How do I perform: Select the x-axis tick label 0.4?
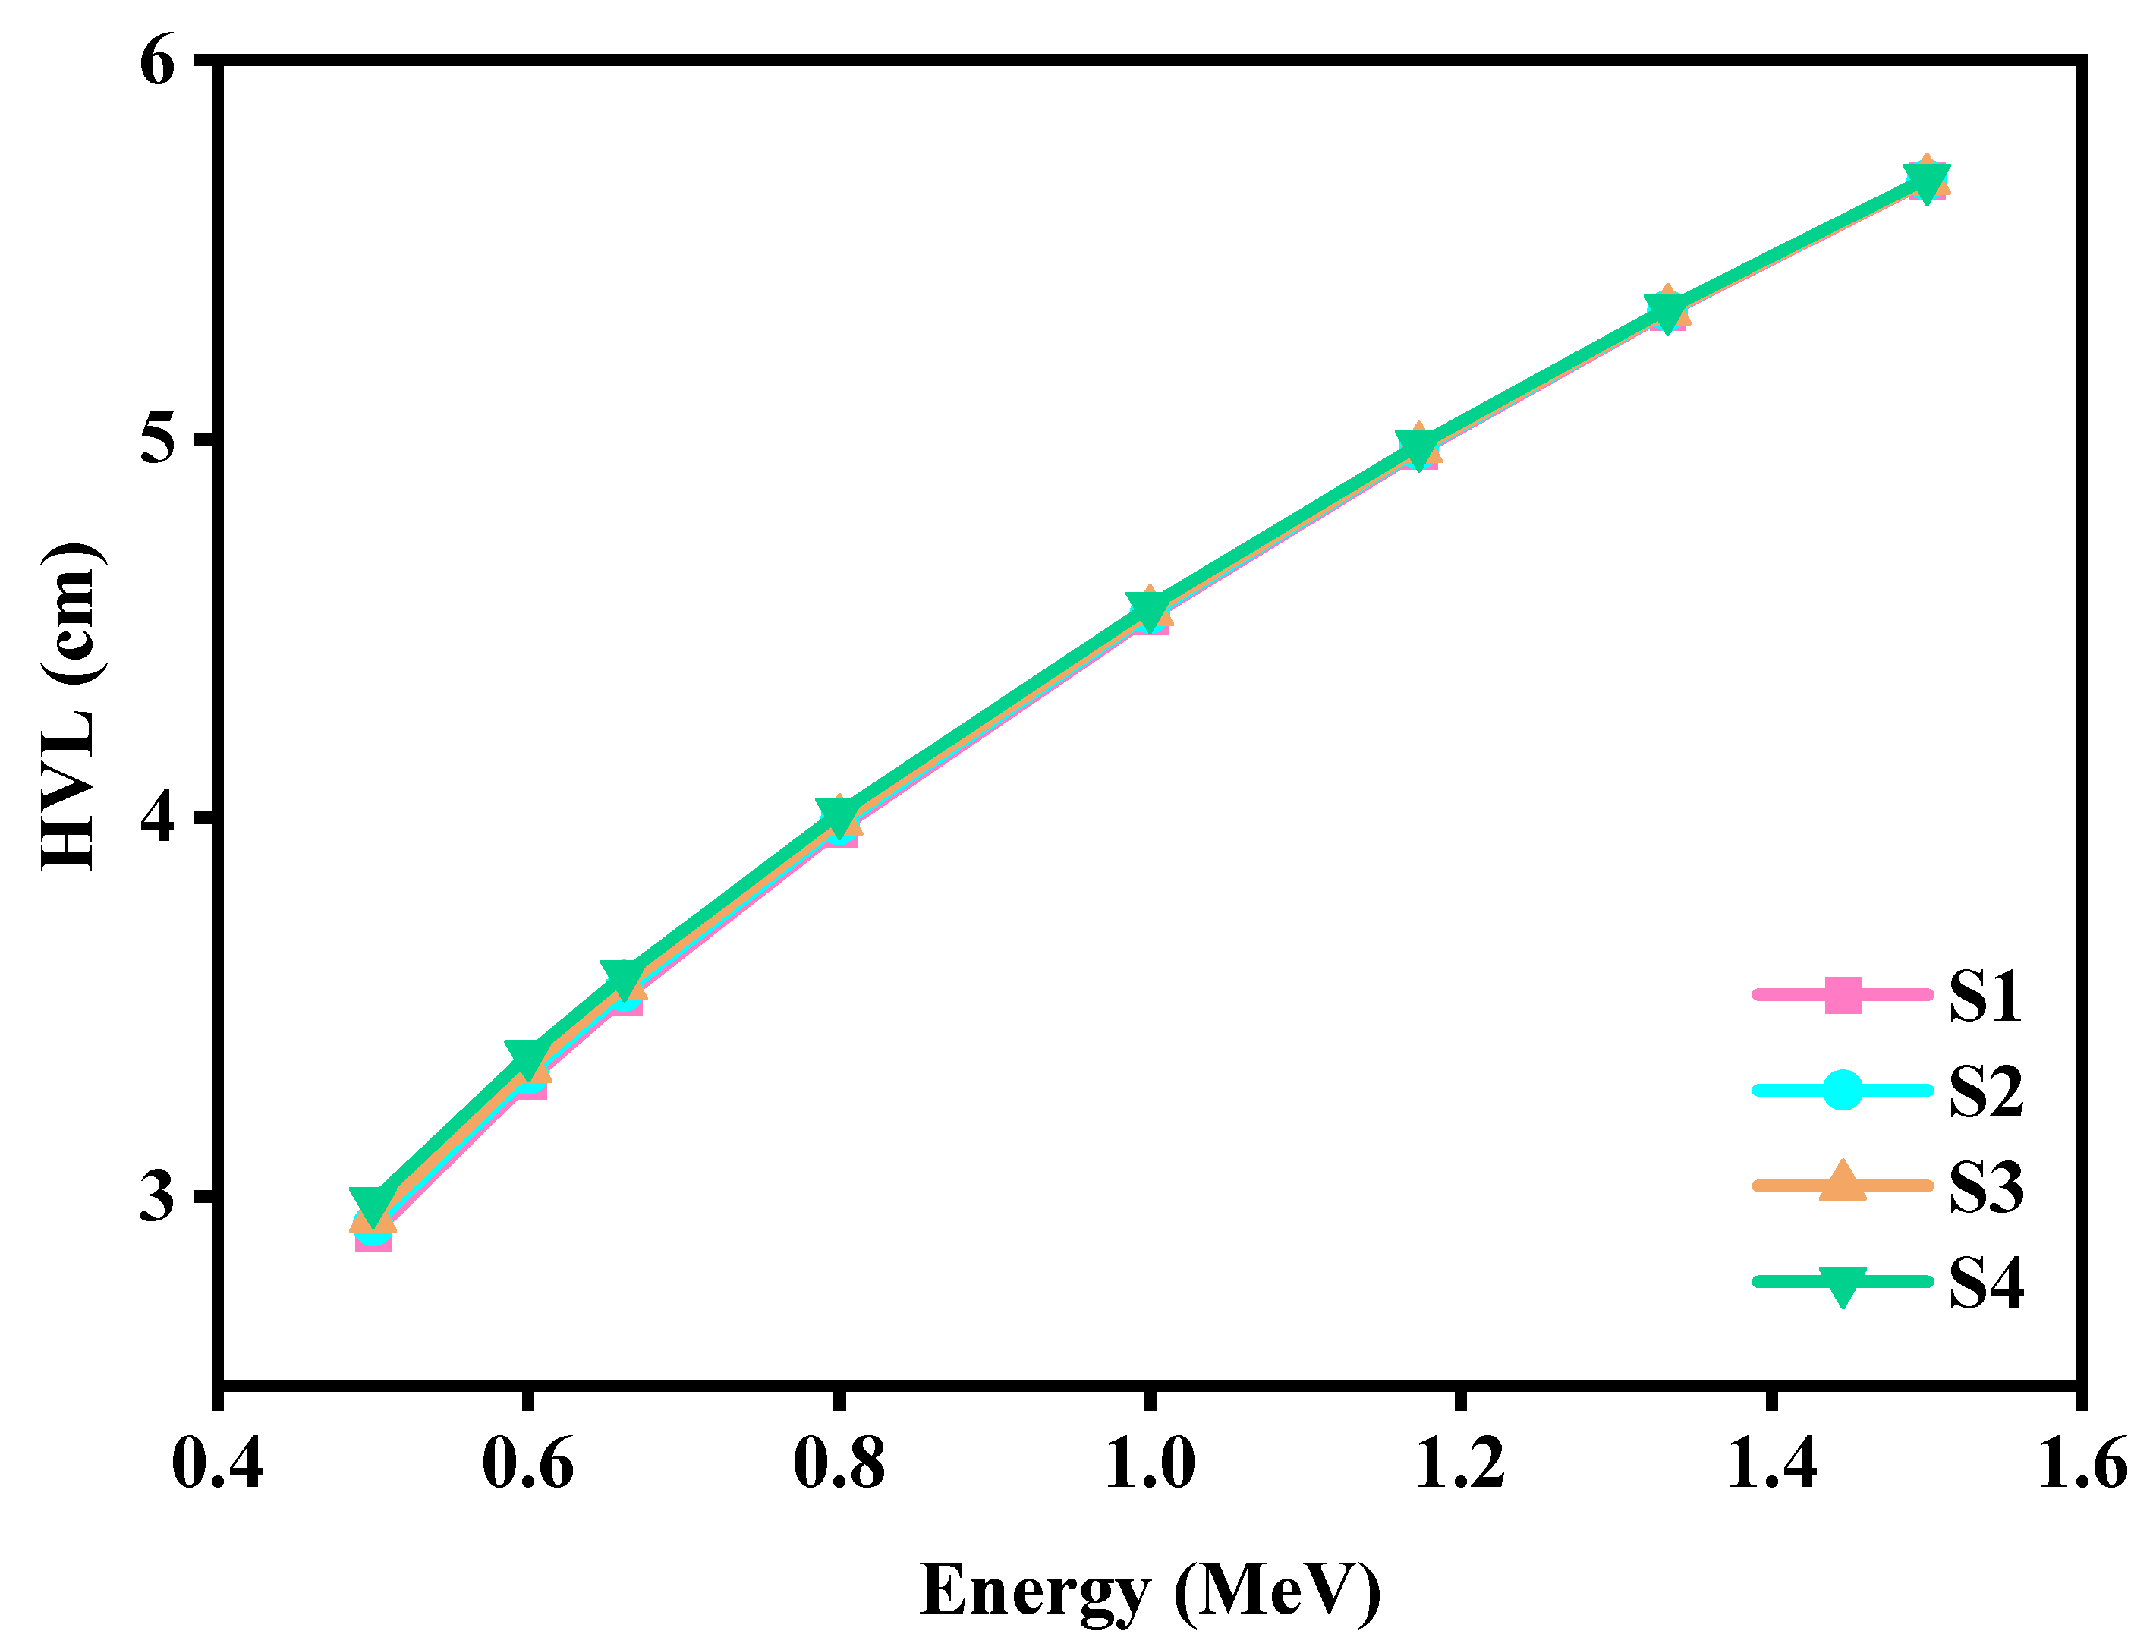tap(217, 1463)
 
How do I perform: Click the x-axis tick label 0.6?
tap(527, 1463)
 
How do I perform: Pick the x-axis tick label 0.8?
tap(838, 1463)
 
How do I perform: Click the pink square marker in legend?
tap(1843, 995)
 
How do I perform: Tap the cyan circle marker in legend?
tap(1843, 1090)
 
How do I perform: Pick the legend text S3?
tap(1985, 1186)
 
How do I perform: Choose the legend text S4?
tap(1985, 1282)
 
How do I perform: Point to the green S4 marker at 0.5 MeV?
tap(373, 1204)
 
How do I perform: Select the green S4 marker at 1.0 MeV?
tap(1149, 608)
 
